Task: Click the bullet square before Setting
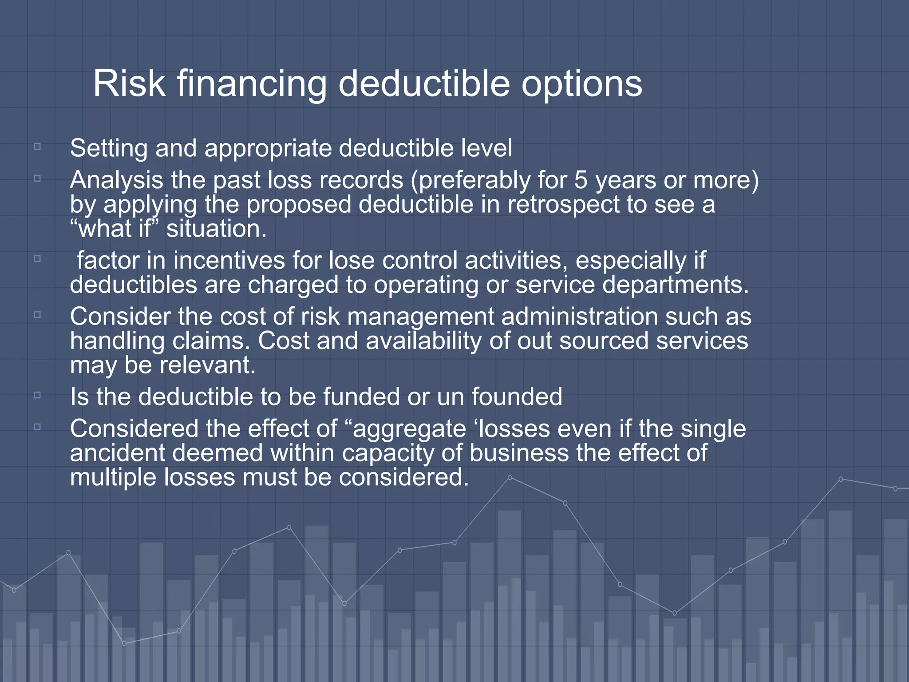click(x=37, y=146)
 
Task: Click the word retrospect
click(x=564, y=205)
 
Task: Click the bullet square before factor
click(x=37, y=258)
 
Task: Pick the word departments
click(x=675, y=285)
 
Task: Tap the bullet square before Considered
click(x=37, y=427)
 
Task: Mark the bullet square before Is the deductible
click(x=37, y=395)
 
